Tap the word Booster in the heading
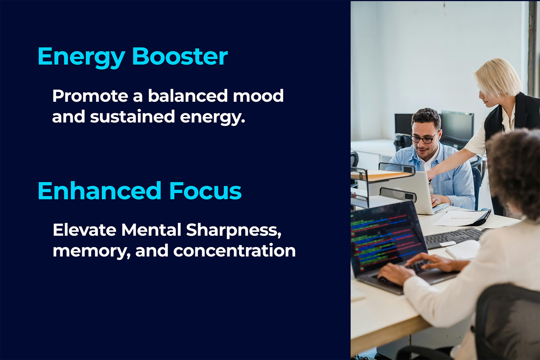point(180,56)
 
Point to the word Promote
point(90,96)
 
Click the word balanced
point(188,95)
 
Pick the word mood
point(258,95)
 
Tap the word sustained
point(132,117)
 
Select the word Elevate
point(84,230)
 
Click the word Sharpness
point(234,231)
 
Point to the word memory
point(92,252)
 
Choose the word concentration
point(234,251)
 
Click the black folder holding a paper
point(463,218)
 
